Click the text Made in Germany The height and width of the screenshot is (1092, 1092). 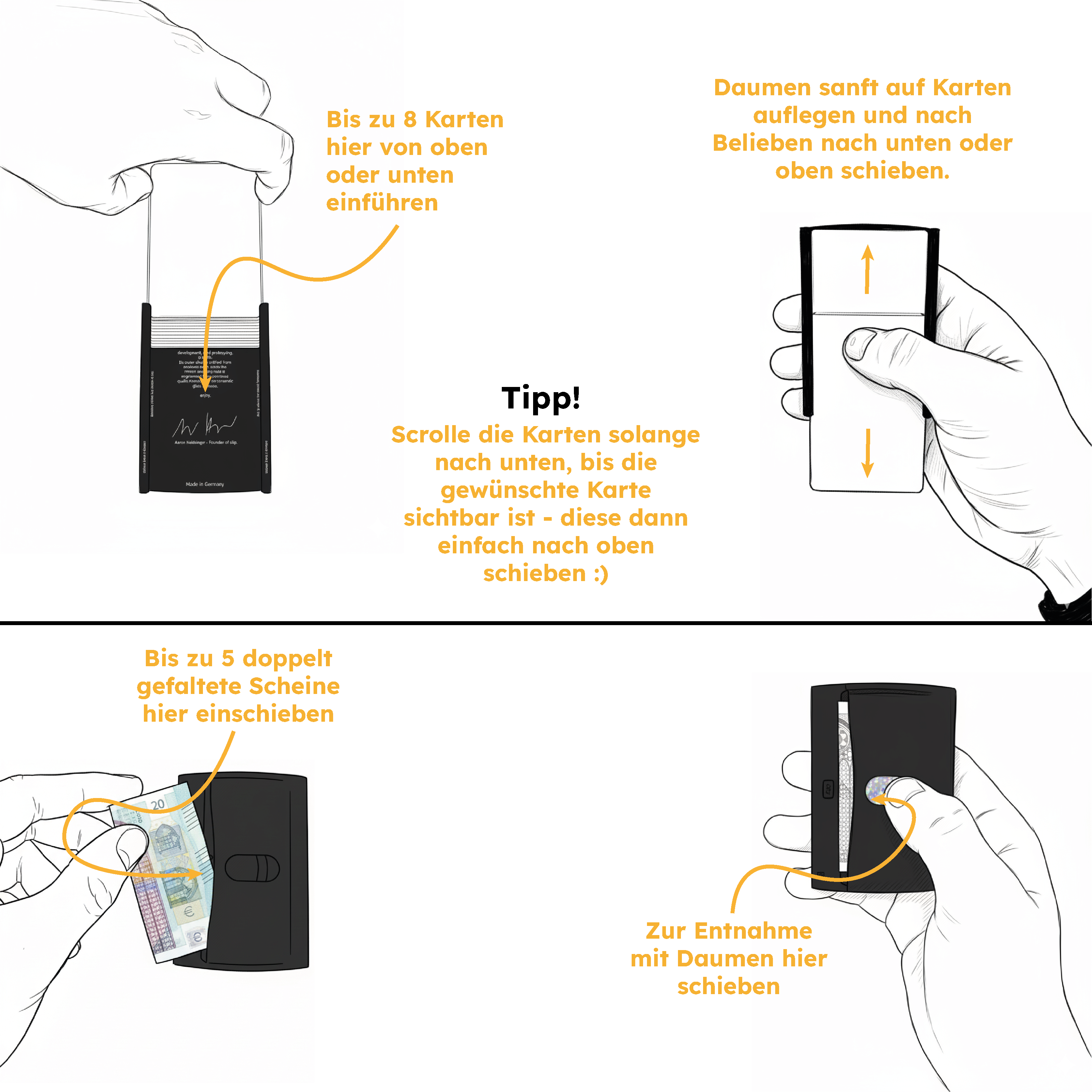205,484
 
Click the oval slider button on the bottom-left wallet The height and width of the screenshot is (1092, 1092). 252,868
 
